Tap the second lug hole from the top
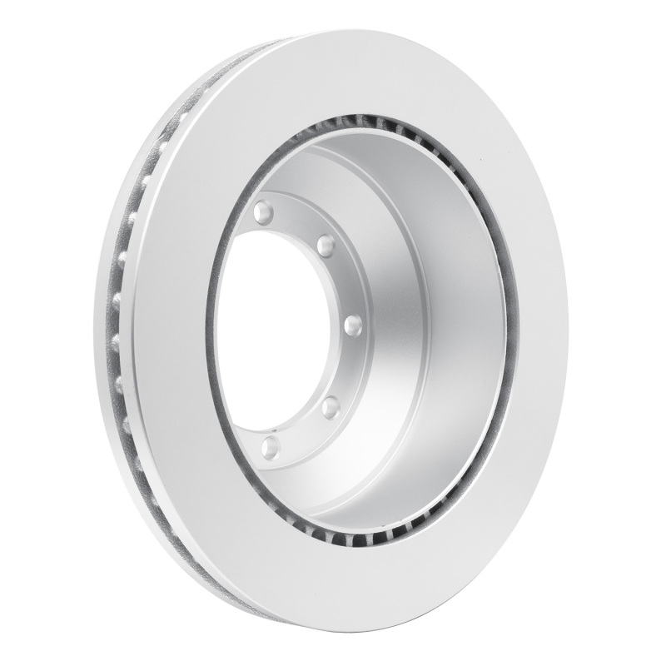pyautogui.click(x=325, y=246)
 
